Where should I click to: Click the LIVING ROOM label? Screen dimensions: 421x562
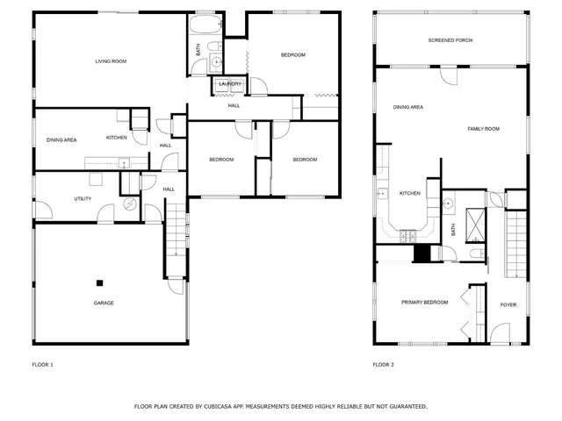coord(112,61)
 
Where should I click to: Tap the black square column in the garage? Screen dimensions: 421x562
coord(100,282)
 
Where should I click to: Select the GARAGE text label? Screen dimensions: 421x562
coord(104,303)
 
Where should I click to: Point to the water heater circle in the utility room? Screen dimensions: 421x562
coord(130,204)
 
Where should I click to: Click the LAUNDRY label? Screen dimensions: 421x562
coord(230,84)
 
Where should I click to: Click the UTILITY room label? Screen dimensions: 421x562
coord(83,199)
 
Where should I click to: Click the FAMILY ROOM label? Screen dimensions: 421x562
coord(482,129)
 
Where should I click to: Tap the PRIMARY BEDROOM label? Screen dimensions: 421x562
coord(424,303)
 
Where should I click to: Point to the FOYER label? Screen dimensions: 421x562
coord(508,305)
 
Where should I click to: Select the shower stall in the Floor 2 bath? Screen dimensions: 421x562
coord(475,223)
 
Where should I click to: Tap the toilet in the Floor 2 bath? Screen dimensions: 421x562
coord(474,254)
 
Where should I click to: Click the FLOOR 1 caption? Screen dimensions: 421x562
coord(43,364)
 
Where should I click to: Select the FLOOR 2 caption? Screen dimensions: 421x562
coord(384,364)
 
